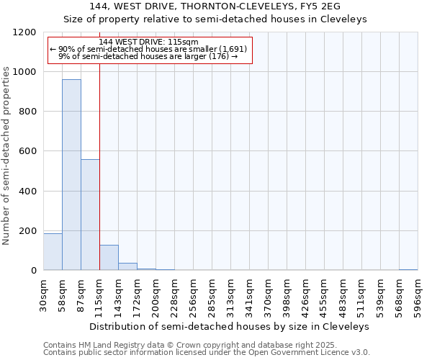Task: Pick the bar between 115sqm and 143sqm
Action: pyautogui.click(x=109, y=258)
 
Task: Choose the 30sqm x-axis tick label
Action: pyautogui.click(x=43, y=294)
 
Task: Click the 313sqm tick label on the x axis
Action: pyautogui.click(x=230, y=294)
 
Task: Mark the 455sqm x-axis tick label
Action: pyautogui.click(x=324, y=294)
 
